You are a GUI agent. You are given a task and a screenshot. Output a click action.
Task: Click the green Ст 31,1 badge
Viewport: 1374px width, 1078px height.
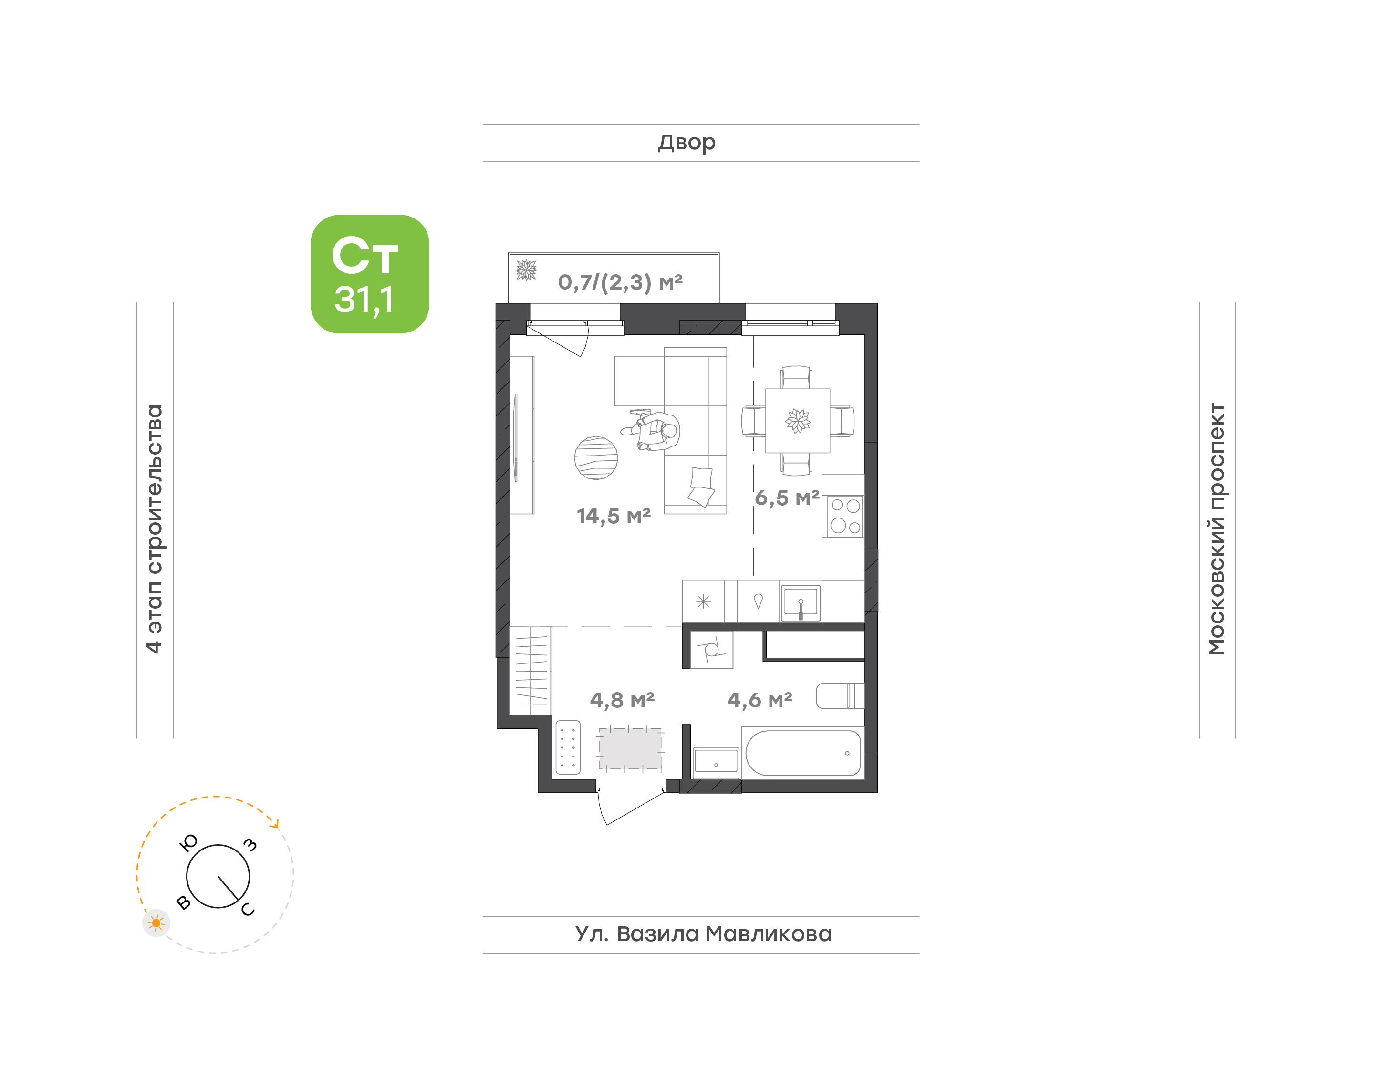(369, 274)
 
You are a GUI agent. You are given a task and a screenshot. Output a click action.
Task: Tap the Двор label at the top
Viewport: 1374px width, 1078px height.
(687, 143)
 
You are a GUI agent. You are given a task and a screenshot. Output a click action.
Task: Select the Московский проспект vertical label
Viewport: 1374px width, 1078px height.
(1216, 529)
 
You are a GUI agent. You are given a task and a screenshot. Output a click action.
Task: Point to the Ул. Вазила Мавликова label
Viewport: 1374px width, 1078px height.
(703, 934)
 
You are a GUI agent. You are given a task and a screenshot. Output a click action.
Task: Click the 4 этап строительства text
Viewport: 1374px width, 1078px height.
(154, 529)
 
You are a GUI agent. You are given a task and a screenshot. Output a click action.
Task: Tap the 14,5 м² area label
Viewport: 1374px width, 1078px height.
(614, 516)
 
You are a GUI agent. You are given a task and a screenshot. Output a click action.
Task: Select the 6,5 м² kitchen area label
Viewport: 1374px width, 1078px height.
(787, 498)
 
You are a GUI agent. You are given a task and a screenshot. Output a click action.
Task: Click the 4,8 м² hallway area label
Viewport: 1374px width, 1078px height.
(622, 700)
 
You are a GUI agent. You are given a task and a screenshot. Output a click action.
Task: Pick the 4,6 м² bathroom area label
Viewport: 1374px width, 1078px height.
(760, 700)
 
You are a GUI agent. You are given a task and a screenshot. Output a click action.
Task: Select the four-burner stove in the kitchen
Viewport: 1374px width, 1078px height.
(845, 516)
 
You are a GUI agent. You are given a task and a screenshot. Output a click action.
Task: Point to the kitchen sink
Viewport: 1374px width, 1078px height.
(800, 603)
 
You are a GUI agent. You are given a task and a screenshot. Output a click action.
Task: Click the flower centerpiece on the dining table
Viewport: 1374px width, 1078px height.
(798, 420)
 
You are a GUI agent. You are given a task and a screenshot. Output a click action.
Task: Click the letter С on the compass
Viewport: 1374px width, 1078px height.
(248, 910)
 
